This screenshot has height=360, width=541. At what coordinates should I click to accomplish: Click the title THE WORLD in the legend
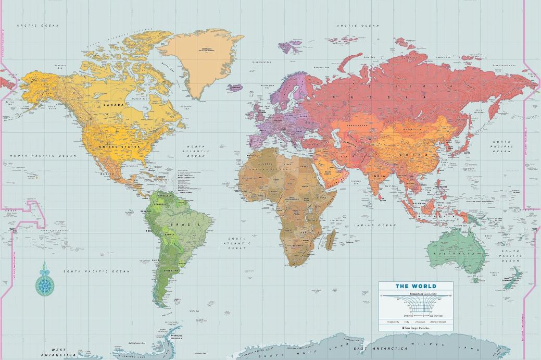(x=416, y=286)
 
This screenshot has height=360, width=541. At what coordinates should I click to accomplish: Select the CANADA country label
(x=114, y=105)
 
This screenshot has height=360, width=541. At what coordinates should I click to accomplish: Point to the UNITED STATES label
(x=123, y=147)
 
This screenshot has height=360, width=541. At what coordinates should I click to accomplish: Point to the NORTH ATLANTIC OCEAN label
(x=196, y=151)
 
